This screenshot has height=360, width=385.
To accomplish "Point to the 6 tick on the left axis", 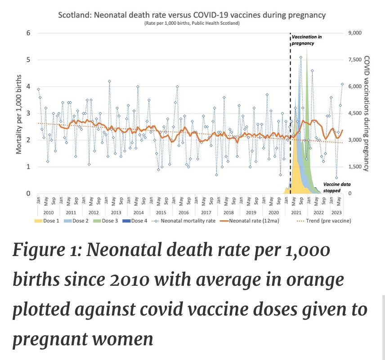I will point(28,33).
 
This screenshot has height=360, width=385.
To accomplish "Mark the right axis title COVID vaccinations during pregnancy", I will point(366,113).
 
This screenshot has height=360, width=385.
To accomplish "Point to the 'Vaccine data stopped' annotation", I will point(336,187).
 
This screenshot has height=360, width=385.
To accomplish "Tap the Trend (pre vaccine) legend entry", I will point(325,220).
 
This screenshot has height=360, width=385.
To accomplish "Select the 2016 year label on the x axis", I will point(183,212).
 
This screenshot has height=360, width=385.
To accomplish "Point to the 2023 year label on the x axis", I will point(336,212).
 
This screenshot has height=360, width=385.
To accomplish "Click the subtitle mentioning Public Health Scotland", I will point(192,23).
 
